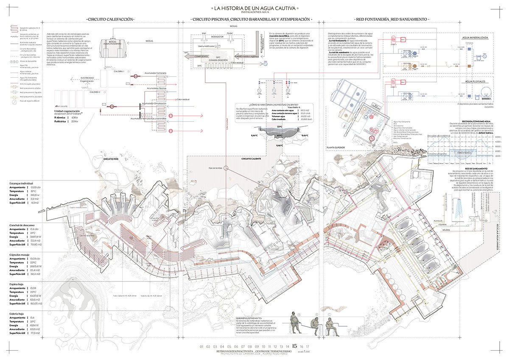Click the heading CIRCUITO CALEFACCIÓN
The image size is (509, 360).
(x=110, y=20)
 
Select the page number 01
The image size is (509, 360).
(x=201, y=347)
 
